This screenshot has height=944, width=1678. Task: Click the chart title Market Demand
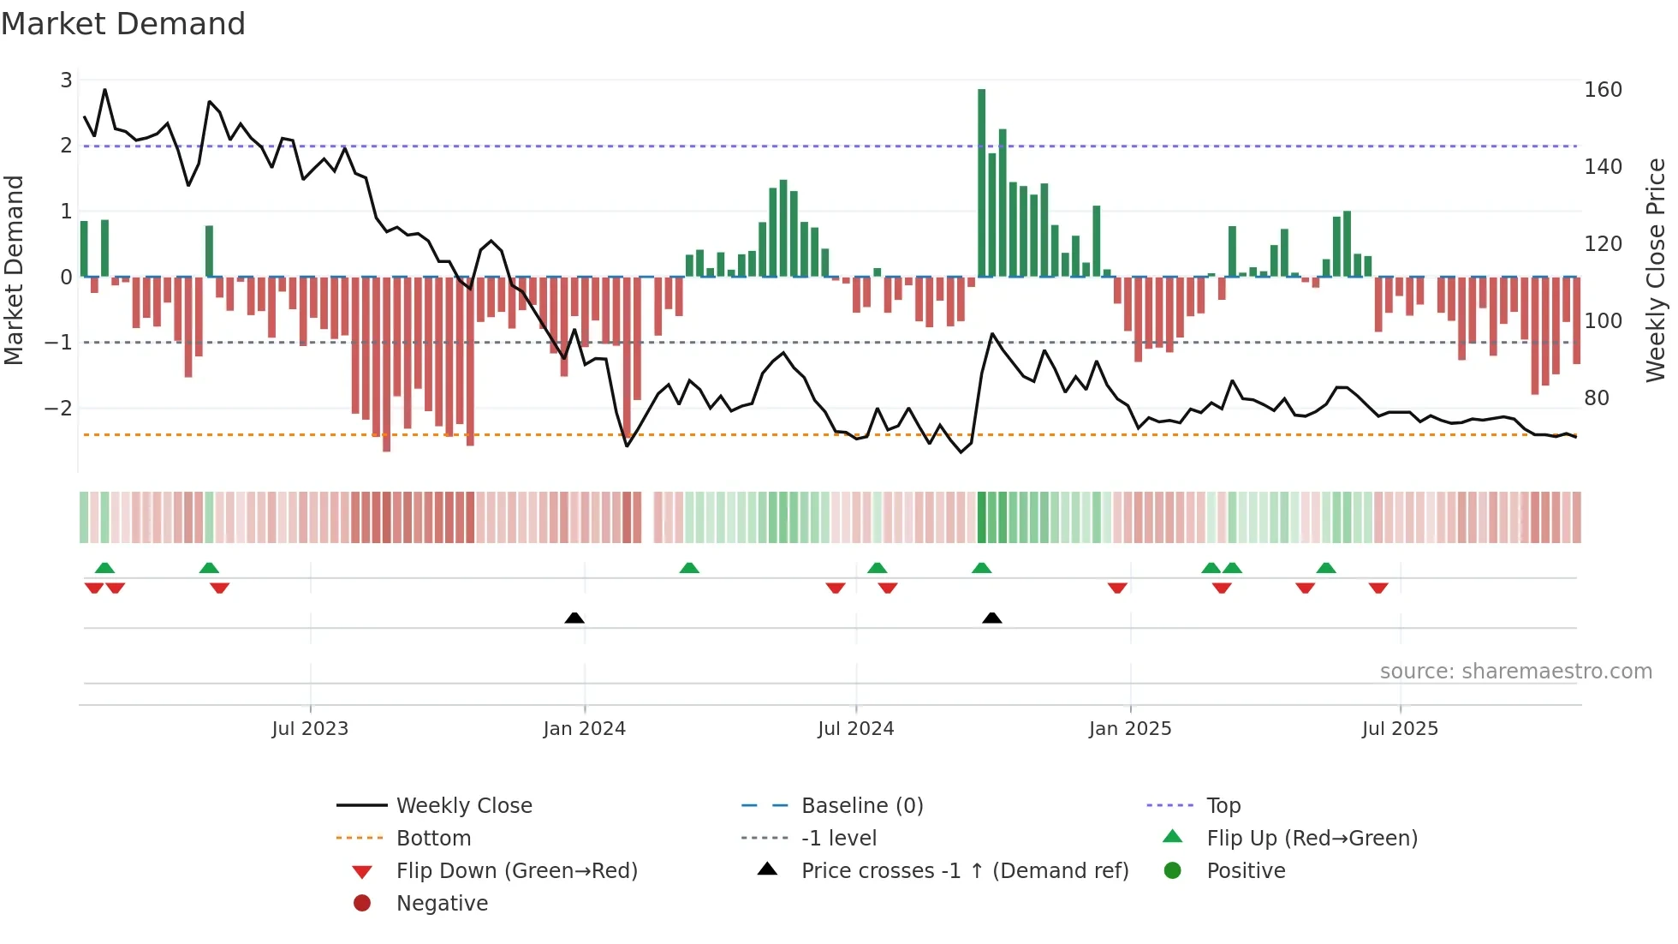click(123, 24)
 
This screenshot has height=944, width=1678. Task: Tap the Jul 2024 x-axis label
click(855, 729)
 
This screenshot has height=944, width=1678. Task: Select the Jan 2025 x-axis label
click(1129, 729)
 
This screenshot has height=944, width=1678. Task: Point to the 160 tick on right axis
click(1603, 90)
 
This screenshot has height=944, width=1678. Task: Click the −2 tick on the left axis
click(58, 409)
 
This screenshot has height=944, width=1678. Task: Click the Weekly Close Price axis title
click(1656, 270)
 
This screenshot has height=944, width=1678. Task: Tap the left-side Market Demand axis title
click(14, 270)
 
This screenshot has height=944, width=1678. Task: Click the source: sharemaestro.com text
click(1515, 672)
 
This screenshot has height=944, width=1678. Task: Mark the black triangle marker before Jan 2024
click(574, 618)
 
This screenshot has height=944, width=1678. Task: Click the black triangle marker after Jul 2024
click(991, 618)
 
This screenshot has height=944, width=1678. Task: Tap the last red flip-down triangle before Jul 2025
click(1378, 588)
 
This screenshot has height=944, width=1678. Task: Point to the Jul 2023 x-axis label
click(310, 729)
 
